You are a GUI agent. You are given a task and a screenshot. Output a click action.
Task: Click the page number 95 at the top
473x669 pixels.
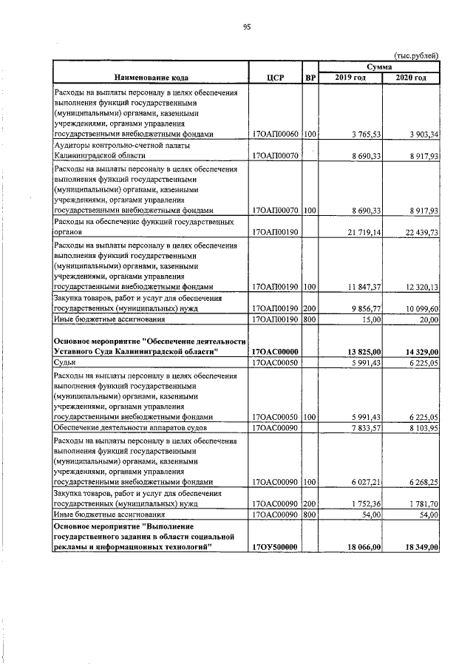click(x=248, y=27)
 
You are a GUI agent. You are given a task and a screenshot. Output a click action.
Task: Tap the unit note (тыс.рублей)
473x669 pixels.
click(x=417, y=55)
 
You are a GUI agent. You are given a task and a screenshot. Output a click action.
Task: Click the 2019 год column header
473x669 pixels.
click(x=350, y=78)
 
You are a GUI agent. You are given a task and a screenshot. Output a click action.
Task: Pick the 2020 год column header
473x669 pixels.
click(x=411, y=78)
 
